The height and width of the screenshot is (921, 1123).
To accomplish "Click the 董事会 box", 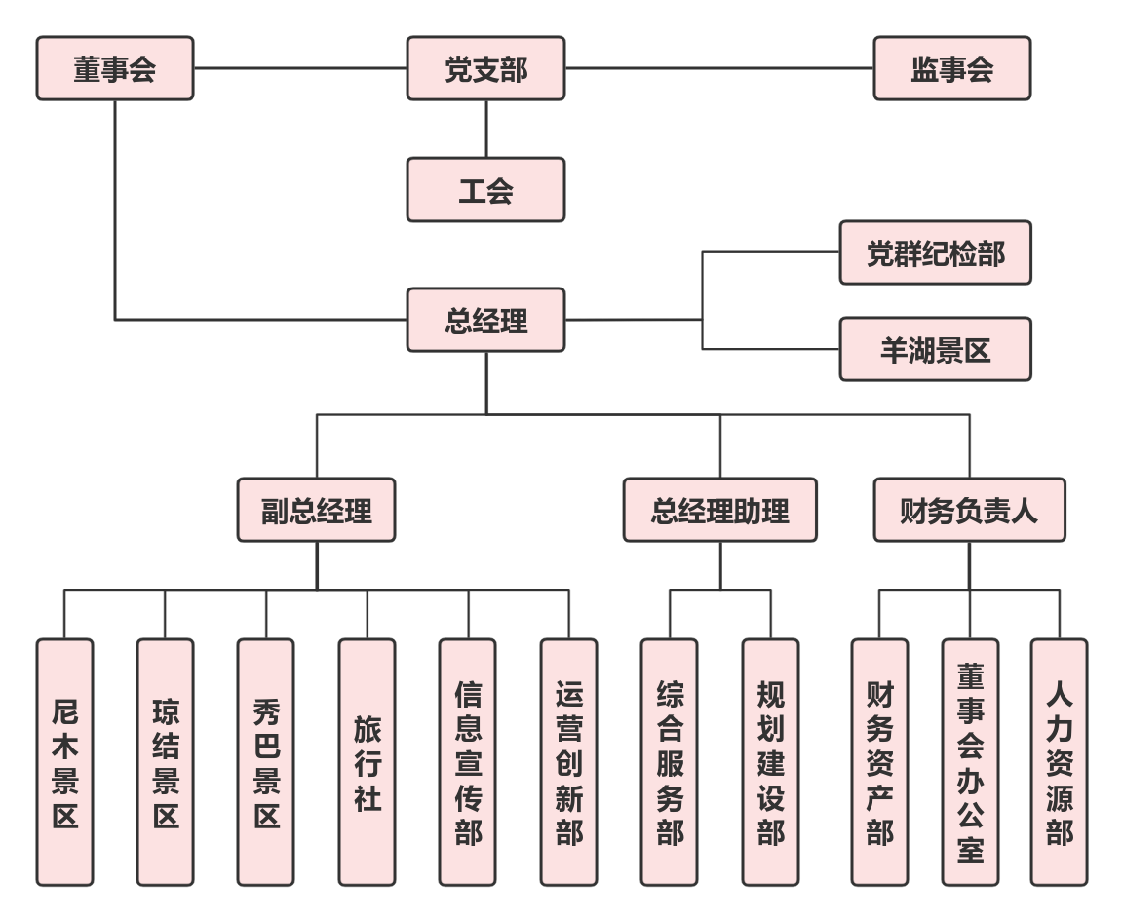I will pos(115,69).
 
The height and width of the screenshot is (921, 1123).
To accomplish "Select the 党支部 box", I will pos(485,69).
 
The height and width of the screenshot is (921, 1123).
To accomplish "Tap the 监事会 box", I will pos(951,69).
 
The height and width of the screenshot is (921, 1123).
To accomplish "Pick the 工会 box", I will pos(485,190).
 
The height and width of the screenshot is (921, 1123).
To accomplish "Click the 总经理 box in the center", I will pos(485,320).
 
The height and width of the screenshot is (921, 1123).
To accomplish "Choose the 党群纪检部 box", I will pos(935,253).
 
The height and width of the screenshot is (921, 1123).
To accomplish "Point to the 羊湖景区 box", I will pos(935,349).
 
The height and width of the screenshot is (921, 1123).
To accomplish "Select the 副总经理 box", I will pos(317,510).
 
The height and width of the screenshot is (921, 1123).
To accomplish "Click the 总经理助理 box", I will pos(719,510).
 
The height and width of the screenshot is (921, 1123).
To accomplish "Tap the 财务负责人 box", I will pos(969,510).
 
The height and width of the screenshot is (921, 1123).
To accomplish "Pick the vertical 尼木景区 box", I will pos(65,762).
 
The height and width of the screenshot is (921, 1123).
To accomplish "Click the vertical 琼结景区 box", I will pos(166,762).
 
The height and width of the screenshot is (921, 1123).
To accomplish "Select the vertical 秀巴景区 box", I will pos(266,762).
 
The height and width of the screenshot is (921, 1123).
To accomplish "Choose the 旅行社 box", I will pos(368,762).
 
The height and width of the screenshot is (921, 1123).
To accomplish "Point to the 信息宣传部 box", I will pos(468,762).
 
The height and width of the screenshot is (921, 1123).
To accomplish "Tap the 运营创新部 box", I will pos(569,762).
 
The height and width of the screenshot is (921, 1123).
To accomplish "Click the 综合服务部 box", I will pos(670,762).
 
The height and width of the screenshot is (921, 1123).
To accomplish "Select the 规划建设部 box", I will pos(770,762).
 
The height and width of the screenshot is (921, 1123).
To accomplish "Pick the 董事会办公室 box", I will pos(970,762).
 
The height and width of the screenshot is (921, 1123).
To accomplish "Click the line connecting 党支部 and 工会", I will pos(486,129).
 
